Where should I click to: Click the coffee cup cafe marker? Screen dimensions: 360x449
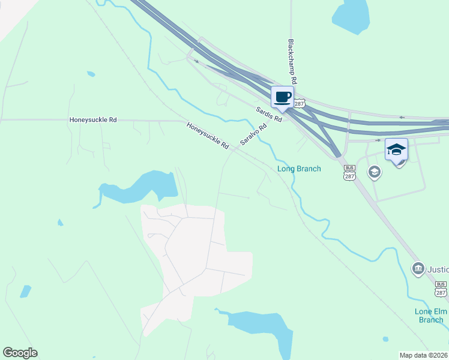coord(282,97)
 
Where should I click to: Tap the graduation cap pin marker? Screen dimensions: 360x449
coord(396,149)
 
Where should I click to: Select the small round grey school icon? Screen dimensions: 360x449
coord(375,173)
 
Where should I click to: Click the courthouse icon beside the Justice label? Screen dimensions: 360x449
coord(418,268)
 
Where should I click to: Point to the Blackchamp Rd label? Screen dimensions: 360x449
coord(293,62)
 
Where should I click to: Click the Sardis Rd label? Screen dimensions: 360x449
coord(269,114)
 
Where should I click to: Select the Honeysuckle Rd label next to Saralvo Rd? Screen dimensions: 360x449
coord(208,136)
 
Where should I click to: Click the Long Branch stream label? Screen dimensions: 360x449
coord(299,169)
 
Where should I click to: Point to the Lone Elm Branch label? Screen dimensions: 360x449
coord(429,315)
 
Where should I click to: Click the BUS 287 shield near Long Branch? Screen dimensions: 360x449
coord(350,173)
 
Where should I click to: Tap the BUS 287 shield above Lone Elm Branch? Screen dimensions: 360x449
coord(441,288)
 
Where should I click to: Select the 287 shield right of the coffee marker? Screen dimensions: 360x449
coord(300,103)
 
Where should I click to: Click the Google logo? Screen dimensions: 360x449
coord(20,353)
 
